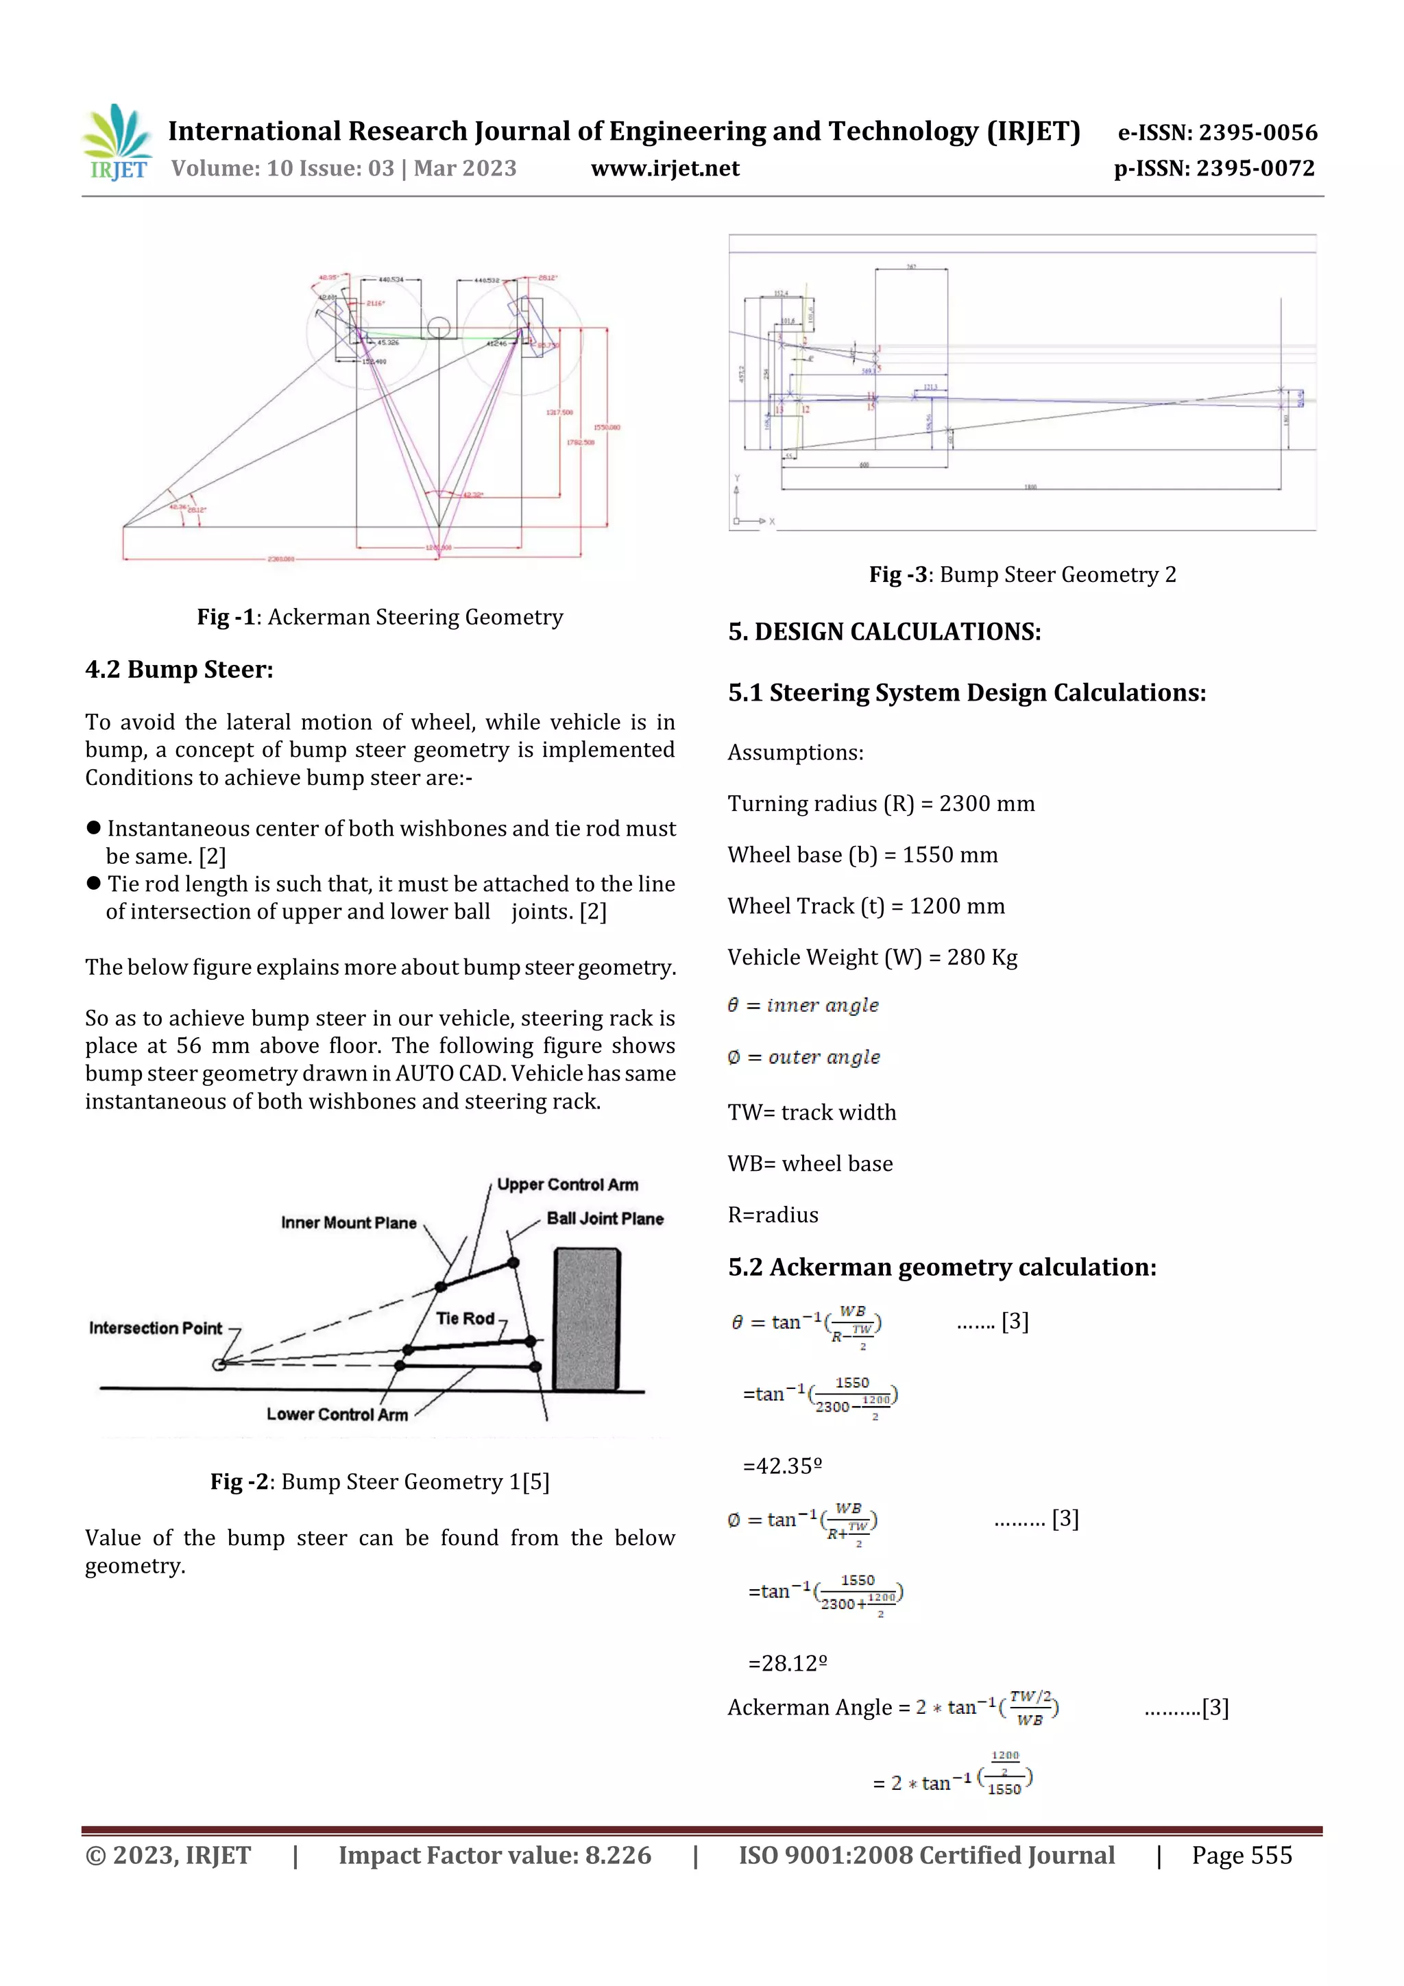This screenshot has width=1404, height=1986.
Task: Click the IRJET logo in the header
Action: pos(117,143)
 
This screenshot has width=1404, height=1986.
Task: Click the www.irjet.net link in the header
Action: pos(664,169)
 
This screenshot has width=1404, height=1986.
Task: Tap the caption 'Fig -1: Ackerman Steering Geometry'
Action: pos(380,617)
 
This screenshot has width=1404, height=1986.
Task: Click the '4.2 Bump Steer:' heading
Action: pos(179,670)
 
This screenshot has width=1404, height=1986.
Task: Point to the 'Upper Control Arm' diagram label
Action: pos(568,1184)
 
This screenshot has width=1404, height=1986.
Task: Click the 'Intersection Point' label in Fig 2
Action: pos(156,1328)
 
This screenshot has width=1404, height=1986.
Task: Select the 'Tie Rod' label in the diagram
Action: pos(465,1318)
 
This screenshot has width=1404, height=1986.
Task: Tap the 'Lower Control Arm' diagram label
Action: pos(337,1414)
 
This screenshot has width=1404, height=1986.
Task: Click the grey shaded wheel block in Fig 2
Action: pos(587,1318)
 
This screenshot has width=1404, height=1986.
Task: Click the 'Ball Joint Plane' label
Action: pos(605,1218)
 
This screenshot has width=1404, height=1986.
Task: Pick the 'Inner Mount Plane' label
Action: pos(349,1222)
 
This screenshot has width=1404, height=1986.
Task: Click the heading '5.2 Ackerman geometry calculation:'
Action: pos(941,1267)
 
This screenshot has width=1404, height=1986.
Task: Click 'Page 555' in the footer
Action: pos(1242,1855)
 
